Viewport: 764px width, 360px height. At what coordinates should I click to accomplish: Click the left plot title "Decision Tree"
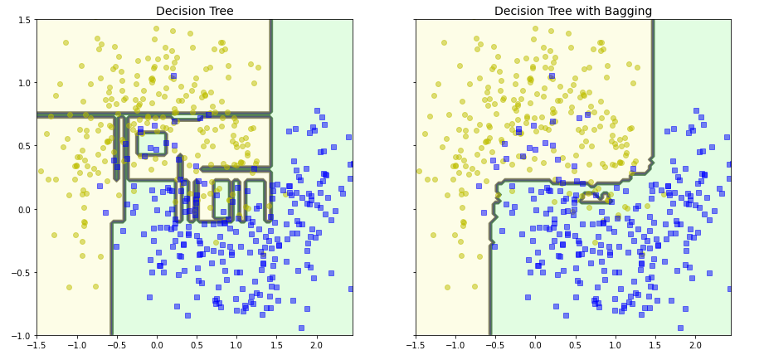pos(195,11)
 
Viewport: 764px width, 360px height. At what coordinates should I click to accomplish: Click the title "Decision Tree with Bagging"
pos(573,11)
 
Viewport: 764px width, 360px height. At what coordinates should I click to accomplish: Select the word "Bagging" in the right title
pos(623,11)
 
